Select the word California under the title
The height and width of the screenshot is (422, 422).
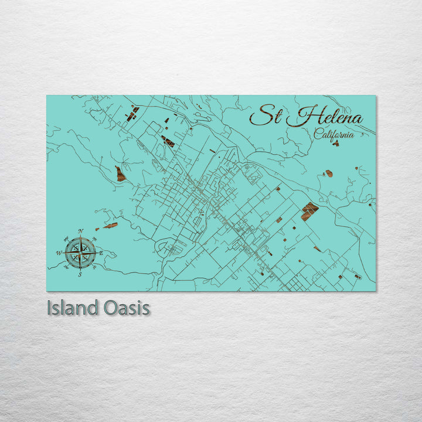[333, 134]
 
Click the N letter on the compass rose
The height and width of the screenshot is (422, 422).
[80, 231]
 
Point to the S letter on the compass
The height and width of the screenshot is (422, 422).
[80, 274]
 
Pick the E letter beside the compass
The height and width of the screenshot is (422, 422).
[101, 253]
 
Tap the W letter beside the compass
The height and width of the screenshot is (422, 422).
[59, 253]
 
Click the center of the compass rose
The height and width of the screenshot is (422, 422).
[80, 253]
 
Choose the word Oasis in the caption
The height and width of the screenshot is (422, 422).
[124, 308]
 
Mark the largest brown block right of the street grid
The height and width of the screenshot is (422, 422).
[309, 210]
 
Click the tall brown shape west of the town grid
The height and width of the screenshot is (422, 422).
[120, 173]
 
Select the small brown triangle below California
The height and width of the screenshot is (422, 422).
[335, 143]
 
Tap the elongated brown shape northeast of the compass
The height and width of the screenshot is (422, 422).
[110, 225]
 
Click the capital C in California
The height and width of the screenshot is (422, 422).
[318, 134]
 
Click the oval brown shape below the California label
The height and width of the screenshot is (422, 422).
[329, 173]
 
